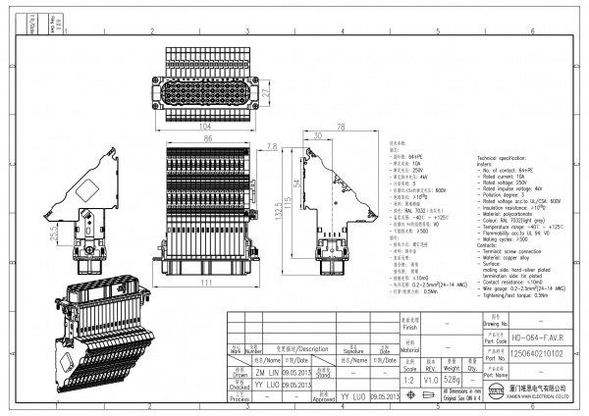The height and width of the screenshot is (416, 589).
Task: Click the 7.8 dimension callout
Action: [x=272, y=147]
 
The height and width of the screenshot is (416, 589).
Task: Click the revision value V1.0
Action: [x=429, y=377]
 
